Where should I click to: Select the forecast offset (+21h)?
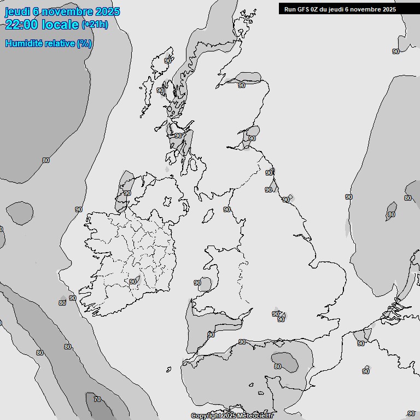tap(95, 25)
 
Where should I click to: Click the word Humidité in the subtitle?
tap(24, 43)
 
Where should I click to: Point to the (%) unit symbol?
tap(84, 43)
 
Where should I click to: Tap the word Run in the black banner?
tap(290, 9)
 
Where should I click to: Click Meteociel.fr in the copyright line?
tap(255, 416)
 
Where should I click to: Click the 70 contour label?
tap(97, 399)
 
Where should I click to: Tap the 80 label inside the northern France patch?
tap(278, 366)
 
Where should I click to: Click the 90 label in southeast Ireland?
tap(132, 282)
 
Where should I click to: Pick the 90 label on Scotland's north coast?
tap(242, 85)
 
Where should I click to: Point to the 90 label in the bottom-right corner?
tap(411, 414)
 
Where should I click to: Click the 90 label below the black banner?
tap(396, 51)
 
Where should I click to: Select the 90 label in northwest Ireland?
tap(127, 193)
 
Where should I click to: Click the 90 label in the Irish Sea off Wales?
tap(197, 283)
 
